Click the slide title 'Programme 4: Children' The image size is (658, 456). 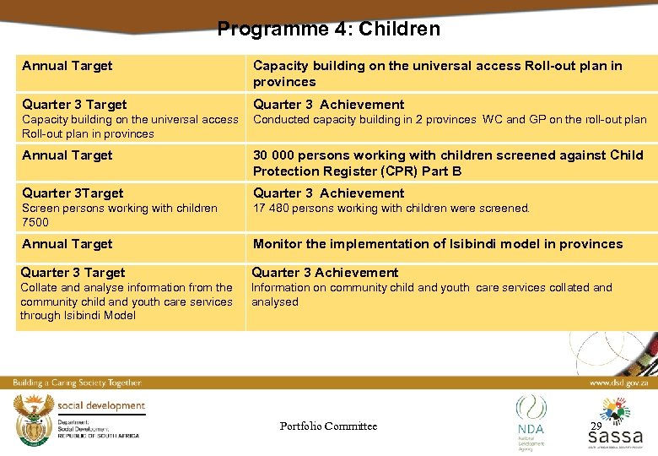[328, 30]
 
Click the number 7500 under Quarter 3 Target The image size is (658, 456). [35, 222]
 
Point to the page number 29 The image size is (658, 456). [596, 426]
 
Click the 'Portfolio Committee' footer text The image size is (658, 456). [328, 426]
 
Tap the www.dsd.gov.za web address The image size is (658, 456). [619, 383]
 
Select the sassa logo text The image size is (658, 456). [615, 437]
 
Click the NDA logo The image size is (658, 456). [531, 421]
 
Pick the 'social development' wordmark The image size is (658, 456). [101, 406]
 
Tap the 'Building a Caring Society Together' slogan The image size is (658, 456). [77, 383]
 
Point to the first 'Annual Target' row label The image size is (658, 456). [67, 66]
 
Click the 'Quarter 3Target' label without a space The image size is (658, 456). [73, 193]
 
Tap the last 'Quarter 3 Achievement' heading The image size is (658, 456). [325, 273]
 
